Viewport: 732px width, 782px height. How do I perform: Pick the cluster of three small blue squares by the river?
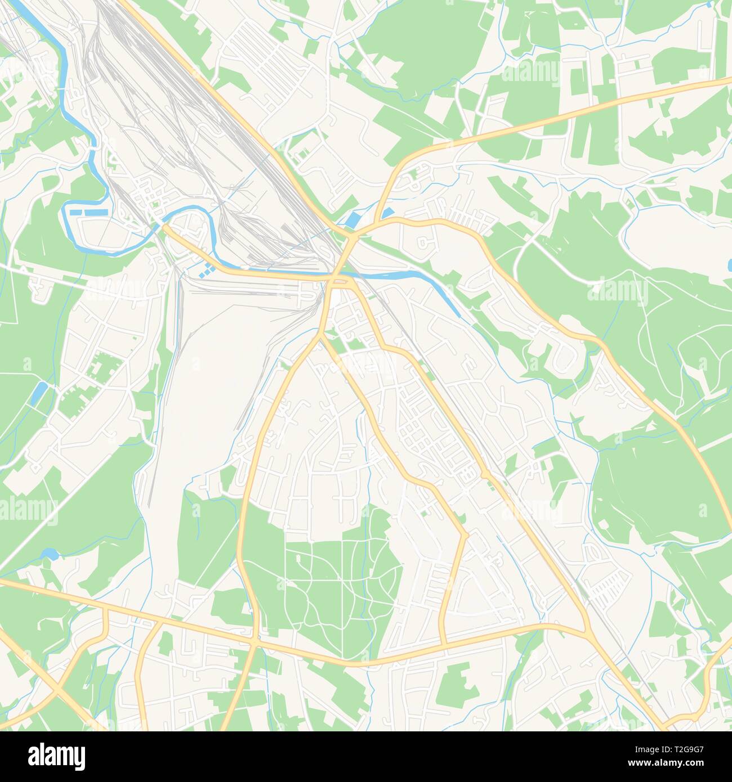tap(206, 270)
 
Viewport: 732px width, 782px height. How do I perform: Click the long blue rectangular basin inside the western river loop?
tap(88, 213)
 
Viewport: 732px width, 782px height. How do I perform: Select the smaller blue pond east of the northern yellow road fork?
tap(387, 213)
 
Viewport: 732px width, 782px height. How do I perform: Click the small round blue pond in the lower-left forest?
tap(50, 554)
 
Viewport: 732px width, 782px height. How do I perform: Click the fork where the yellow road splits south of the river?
tap(321, 335)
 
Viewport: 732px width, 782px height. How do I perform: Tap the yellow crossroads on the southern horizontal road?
tap(255, 641)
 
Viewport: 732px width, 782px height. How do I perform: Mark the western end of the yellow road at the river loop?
tap(166, 228)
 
